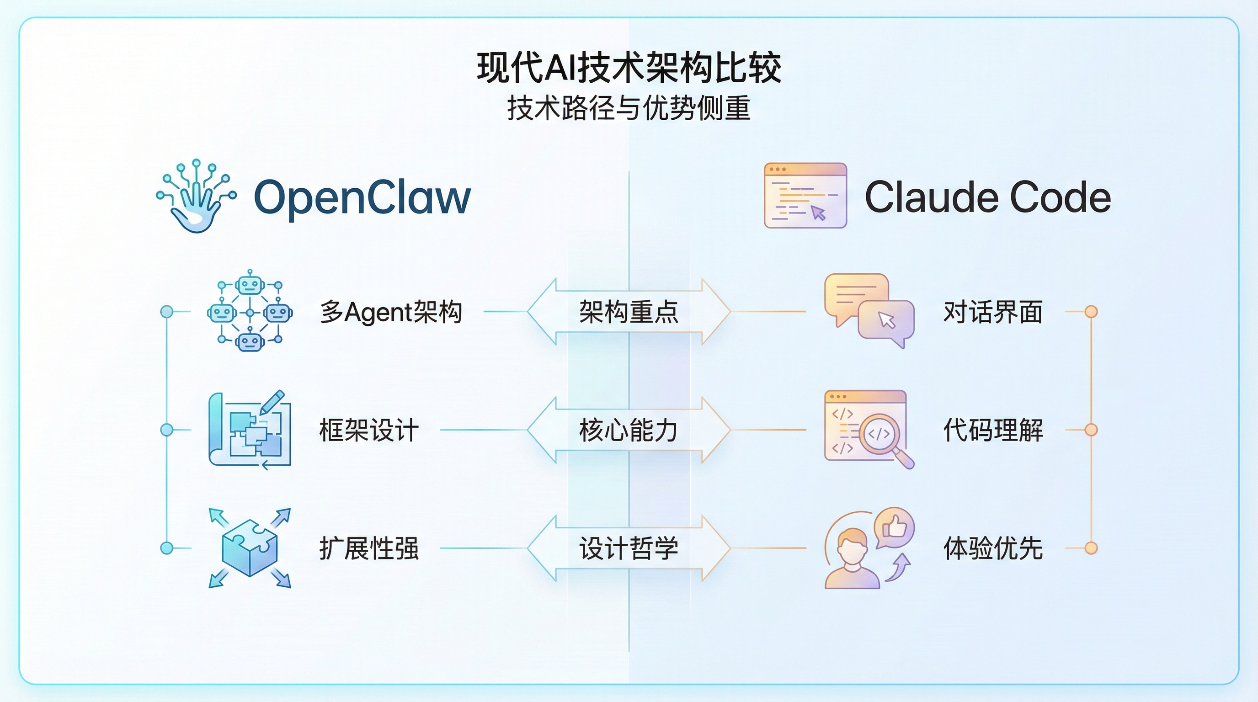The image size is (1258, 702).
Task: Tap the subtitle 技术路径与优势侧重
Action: tap(629, 108)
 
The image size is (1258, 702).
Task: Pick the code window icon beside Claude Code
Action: tap(805, 195)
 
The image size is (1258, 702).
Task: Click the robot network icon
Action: tap(250, 311)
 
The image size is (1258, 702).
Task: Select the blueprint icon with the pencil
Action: tap(250, 430)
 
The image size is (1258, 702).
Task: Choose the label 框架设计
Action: tap(369, 430)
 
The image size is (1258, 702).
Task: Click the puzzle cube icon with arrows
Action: tap(250, 548)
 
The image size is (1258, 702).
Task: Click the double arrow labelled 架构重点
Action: tap(629, 311)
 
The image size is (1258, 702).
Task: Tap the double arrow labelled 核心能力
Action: tap(629, 430)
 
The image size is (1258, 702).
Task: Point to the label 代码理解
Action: tap(993, 430)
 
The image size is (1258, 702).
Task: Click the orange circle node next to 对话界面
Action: tap(1091, 311)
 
